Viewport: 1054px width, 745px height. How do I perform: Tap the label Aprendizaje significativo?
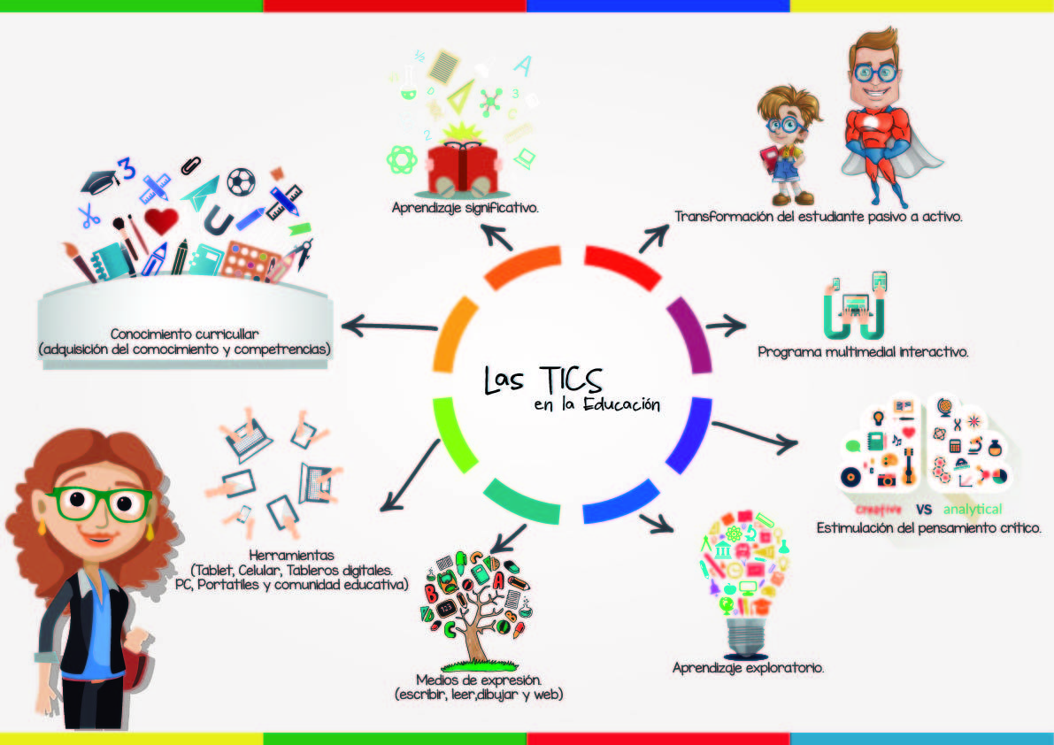coord(465,209)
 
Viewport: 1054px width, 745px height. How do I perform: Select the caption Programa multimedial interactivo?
coord(864,352)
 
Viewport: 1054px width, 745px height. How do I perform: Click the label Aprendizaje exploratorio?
coord(748,668)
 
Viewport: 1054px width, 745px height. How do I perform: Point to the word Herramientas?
coord(297,555)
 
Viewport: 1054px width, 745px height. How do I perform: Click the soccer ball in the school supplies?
coord(241,182)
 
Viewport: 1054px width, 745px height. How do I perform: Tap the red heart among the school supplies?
coord(160,220)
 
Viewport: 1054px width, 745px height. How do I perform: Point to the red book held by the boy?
coord(768,158)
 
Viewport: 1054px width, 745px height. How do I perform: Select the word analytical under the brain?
coord(972,510)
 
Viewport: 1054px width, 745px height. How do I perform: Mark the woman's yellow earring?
coord(41,528)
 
